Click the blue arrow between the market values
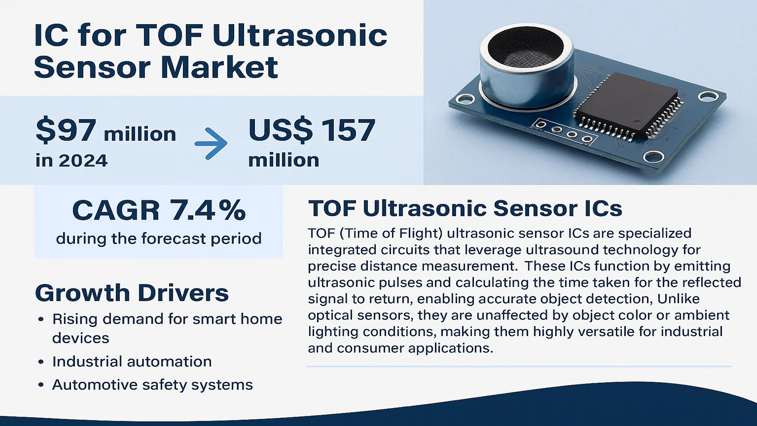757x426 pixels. click(x=211, y=143)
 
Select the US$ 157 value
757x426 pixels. click(x=311, y=131)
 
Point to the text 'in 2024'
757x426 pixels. click(x=71, y=161)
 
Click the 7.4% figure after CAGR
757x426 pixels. click(x=208, y=210)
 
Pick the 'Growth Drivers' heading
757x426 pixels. click(x=132, y=293)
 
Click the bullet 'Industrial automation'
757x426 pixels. click(x=132, y=362)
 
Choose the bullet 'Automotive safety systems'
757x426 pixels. click(x=152, y=385)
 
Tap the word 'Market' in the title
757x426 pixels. click(x=219, y=67)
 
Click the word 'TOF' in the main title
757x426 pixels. click(x=170, y=35)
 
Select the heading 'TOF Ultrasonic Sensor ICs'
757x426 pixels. click(x=465, y=208)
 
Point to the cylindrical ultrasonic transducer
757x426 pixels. click(x=526, y=67)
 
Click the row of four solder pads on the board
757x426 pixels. click(x=564, y=132)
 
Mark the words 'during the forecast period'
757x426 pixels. click(x=158, y=239)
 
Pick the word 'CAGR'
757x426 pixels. click(x=116, y=210)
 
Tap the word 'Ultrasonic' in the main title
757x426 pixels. click(x=300, y=35)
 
